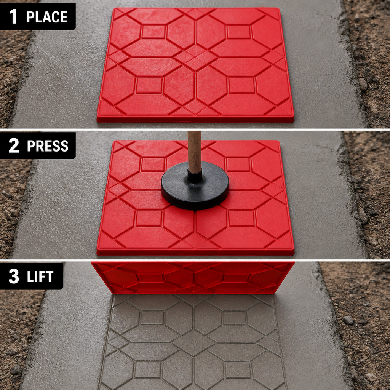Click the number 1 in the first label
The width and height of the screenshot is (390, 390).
pos(13,16)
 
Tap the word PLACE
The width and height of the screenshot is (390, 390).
pos(47,17)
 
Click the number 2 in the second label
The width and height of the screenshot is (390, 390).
pos(14,145)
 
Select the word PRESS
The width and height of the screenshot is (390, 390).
pos(48,146)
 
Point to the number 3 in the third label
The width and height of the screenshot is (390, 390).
pos(14,276)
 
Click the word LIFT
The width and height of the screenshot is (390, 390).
pos(40,277)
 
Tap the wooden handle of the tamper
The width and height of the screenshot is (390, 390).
pos(195,152)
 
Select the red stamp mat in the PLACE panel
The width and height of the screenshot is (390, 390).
pos(195,65)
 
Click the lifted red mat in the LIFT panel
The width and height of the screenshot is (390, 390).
pos(193,277)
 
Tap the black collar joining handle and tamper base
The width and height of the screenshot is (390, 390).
pos(195,177)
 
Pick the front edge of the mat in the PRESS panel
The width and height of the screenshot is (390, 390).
pos(195,252)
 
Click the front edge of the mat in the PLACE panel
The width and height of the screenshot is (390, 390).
pos(195,119)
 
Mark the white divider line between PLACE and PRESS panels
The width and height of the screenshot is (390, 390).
pos(195,129)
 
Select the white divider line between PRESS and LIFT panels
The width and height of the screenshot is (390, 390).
pos(195,260)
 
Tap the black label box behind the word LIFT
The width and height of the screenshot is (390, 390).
pos(32,276)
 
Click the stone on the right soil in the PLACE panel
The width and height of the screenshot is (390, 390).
pos(363,84)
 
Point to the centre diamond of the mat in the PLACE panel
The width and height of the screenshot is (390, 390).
pos(195,61)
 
